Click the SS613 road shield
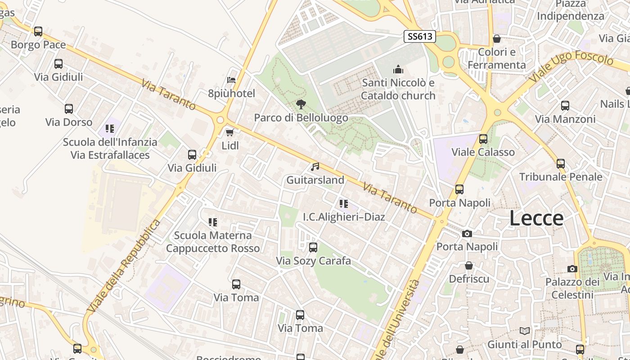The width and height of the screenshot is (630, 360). [420, 36]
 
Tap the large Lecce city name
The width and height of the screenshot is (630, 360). [536, 218]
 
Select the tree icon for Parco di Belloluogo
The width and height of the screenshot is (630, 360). [301, 104]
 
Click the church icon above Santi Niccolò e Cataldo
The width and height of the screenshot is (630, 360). [398, 69]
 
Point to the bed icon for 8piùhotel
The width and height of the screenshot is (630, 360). [231, 80]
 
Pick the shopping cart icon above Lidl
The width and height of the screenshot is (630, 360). [229, 132]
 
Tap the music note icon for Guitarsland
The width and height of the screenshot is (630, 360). [315, 167]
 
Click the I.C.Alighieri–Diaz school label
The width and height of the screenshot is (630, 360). [344, 217]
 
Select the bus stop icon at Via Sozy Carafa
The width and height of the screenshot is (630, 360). [313, 247]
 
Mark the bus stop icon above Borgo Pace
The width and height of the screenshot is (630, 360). [38, 31]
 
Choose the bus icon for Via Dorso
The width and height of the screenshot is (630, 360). [69, 108]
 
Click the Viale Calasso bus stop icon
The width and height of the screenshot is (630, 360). [483, 139]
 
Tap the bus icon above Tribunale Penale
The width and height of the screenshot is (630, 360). [561, 163]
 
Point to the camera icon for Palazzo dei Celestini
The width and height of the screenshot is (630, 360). [572, 269]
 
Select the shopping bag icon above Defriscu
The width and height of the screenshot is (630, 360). [469, 265]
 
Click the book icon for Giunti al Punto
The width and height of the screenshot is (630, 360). [525, 331]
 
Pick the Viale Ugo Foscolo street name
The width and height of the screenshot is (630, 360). [571, 67]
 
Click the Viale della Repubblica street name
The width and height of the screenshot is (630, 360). [125, 266]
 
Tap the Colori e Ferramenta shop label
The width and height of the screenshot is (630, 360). [497, 58]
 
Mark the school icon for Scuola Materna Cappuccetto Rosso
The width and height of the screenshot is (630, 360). [213, 222]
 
